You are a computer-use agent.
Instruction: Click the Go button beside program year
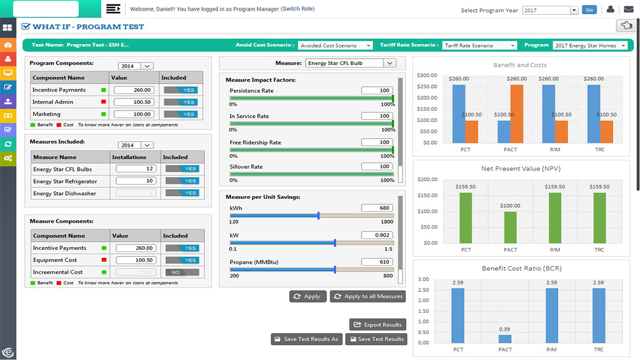(589, 10)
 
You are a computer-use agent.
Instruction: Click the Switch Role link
(298, 9)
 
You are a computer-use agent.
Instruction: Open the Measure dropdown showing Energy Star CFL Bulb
(350, 63)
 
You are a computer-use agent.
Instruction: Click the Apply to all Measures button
(367, 296)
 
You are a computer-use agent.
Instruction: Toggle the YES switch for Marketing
(181, 114)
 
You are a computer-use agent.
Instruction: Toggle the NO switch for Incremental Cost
(181, 272)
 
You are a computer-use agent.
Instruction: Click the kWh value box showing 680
(377, 208)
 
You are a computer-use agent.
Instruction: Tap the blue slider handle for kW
(335, 242)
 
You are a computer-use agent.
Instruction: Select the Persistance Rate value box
(377, 90)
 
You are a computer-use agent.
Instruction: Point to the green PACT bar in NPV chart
(510, 227)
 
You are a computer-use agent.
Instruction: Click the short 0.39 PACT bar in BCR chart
(505, 339)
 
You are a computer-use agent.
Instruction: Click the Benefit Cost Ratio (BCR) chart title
(521, 268)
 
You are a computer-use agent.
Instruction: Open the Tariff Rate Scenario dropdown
(479, 45)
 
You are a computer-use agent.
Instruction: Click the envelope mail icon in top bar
(628, 9)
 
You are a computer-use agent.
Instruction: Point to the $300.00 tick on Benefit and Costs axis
(427, 75)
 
